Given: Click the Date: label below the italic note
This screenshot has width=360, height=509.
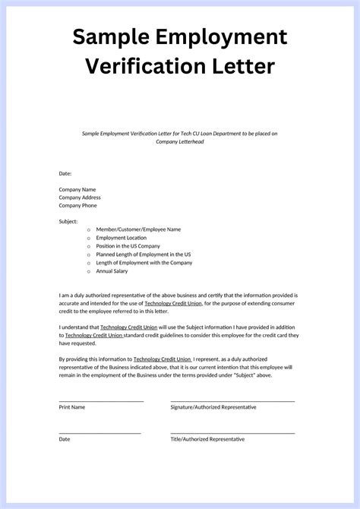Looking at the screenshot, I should (x=65, y=173).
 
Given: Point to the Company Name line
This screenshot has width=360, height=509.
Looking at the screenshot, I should (x=77, y=189).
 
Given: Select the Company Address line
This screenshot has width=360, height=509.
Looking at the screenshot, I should (x=80, y=198).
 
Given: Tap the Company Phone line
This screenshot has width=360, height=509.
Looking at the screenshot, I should (x=78, y=205).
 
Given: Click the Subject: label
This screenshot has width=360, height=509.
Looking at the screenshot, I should (x=68, y=221).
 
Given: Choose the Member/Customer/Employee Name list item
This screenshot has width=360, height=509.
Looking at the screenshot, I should (x=138, y=229).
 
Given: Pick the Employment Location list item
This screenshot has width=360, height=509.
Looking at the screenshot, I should (x=122, y=238).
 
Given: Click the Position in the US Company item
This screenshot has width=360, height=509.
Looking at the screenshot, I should (x=128, y=246).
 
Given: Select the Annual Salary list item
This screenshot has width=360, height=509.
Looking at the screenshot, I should (x=112, y=271).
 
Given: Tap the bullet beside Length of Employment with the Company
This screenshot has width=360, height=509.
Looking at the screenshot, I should (x=88, y=263).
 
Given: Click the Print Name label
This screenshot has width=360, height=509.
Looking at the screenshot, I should (x=72, y=407).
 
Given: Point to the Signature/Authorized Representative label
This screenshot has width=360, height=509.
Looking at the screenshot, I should (x=213, y=407).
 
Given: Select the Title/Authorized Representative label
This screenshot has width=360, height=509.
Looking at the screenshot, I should (x=207, y=439).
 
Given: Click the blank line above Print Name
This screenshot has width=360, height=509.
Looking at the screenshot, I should (x=101, y=400).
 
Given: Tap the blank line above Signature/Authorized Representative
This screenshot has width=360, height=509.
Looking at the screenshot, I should (x=232, y=400).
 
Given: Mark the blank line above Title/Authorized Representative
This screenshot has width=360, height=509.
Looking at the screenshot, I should (x=232, y=433).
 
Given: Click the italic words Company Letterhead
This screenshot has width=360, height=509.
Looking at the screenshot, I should (x=179, y=141).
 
